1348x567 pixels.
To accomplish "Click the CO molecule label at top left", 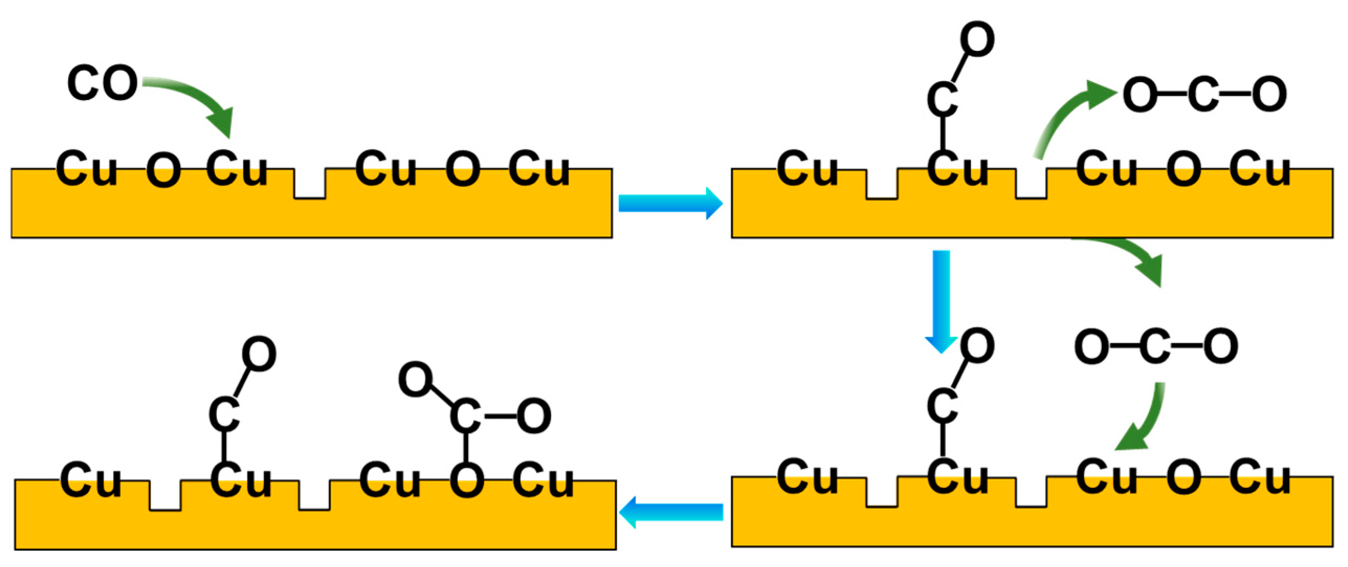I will click(103, 83).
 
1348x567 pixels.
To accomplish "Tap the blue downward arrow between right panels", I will click(941, 298).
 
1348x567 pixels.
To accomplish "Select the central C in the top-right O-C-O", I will click(1204, 95).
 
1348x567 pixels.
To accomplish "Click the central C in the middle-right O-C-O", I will click(1156, 347).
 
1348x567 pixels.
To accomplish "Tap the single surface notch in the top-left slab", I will click(310, 186).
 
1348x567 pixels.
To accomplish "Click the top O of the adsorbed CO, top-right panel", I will click(977, 39).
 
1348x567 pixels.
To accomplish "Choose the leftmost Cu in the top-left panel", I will click(86, 169).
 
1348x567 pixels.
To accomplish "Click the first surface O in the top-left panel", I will click(163, 171).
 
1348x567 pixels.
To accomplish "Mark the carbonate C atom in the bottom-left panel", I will click(465, 416).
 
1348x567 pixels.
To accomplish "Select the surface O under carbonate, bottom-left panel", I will click(466, 481).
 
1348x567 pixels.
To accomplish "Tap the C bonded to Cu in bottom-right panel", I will click(942, 406).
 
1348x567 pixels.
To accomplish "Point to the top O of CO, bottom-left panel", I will click(259, 354).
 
